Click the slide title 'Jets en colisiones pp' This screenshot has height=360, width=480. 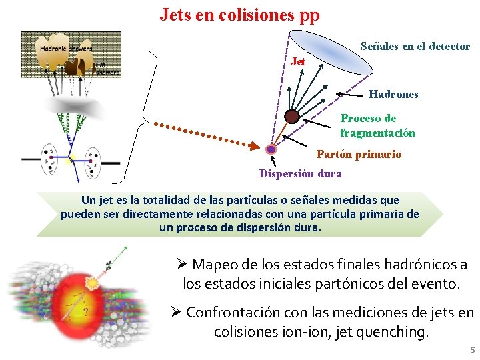click(x=239, y=14)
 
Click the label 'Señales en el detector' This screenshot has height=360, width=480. click(x=415, y=47)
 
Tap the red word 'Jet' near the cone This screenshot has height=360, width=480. click(x=299, y=61)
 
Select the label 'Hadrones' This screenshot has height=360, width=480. click(x=393, y=95)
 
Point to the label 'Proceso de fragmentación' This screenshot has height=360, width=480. click(x=377, y=125)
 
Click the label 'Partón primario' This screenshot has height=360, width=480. click(x=359, y=154)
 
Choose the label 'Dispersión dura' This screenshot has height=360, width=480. click(x=300, y=173)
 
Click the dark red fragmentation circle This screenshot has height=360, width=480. click(x=291, y=117)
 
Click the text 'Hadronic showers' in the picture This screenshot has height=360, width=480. click(x=66, y=48)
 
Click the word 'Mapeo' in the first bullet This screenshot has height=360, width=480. click(x=214, y=265)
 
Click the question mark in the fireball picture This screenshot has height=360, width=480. click(x=85, y=311)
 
